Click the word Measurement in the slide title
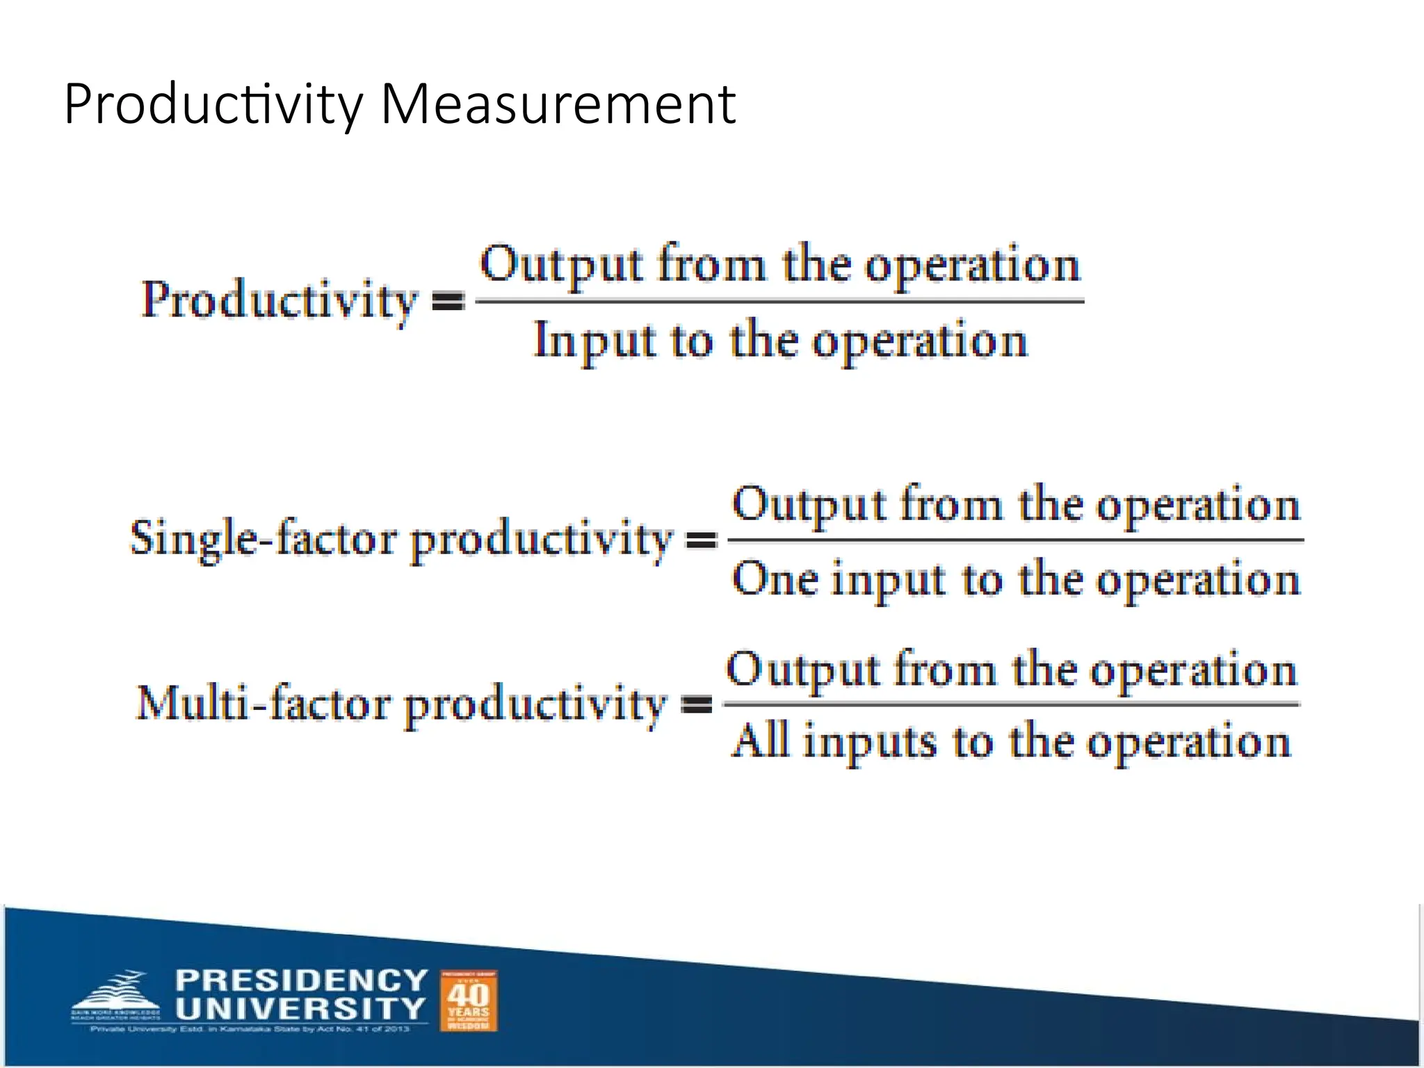click(x=558, y=104)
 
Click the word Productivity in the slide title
click(x=213, y=104)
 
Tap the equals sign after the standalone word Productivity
click(x=448, y=301)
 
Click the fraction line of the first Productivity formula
click(x=779, y=301)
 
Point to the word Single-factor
click(x=264, y=539)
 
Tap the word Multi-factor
click(x=264, y=704)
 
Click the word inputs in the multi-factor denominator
click(x=870, y=743)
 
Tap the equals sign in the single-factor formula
click(x=702, y=540)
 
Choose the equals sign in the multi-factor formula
click(x=696, y=705)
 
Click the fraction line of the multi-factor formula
click(x=1012, y=704)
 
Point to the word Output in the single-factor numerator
click(x=809, y=505)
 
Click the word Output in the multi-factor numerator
click(x=803, y=670)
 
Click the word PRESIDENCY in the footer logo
click(x=301, y=980)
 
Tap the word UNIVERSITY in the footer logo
click(x=300, y=1008)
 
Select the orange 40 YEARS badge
click(x=469, y=1001)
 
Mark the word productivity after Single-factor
click(x=542, y=540)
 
